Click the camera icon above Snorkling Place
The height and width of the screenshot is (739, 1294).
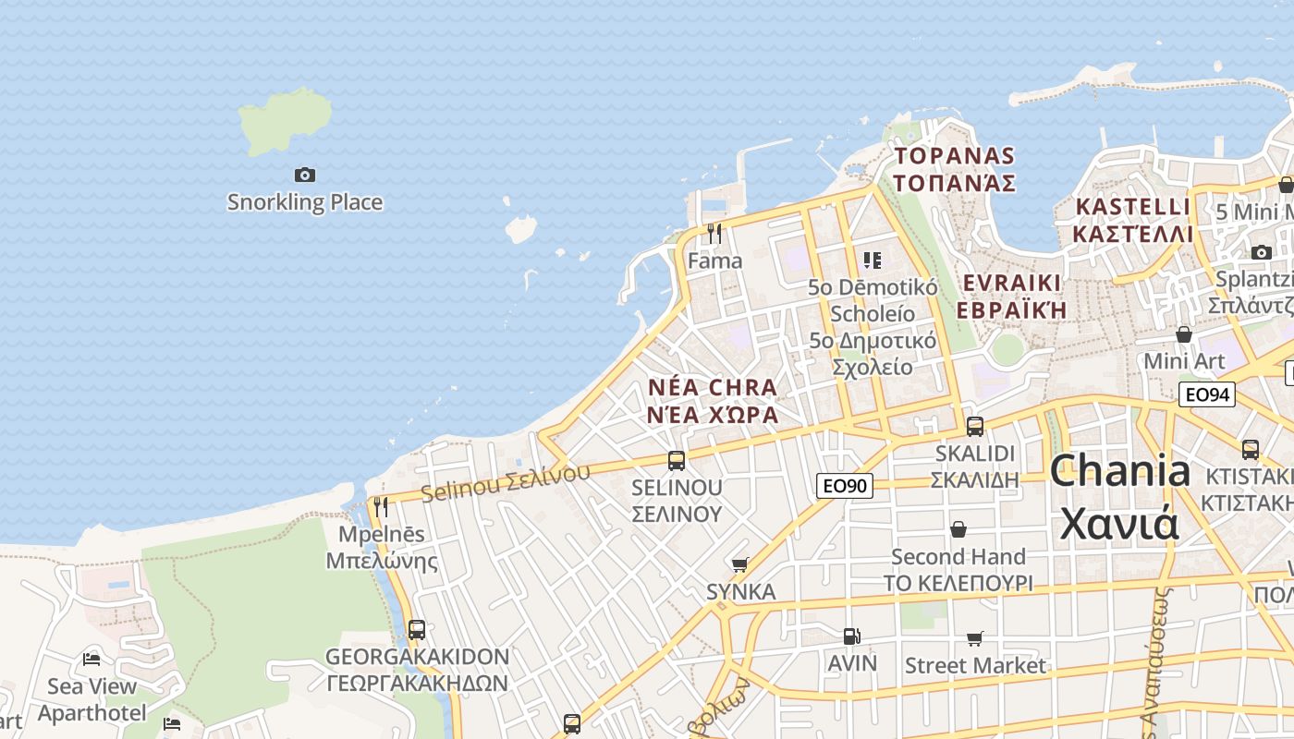pyautogui.click(x=304, y=175)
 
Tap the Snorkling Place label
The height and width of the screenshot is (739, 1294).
pyautogui.click(x=305, y=202)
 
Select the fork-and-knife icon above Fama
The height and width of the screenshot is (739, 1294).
pyautogui.click(x=714, y=233)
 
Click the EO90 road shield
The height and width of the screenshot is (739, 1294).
pyautogui.click(x=845, y=485)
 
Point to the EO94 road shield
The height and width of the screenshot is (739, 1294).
pyautogui.click(x=1208, y=395)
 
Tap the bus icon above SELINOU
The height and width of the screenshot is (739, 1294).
pyautogui.click(x=677, y=460)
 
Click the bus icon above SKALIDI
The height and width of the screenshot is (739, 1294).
pyautogui.click(x=975, y=427)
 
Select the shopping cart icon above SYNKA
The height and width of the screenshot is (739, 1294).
pyautogui.click(x=739, y=564)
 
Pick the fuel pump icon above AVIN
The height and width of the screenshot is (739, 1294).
pyautogui.click(x=851, y=636)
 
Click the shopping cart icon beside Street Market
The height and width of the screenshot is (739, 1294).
pyautogui.click(x=975, y=639)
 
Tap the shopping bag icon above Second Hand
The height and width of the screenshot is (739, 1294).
pyautogui.click(x=958, y=529)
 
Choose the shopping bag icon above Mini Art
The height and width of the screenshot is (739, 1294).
pyautogui.click(x=1184, y=333)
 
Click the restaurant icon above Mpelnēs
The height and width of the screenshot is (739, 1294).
pyautogui.click(x=380, y=506)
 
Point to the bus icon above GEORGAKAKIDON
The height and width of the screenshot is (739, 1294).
pyautogui.click(x=417, y=630)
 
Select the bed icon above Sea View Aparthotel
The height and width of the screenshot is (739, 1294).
pyautogui.click(x=92, y=659)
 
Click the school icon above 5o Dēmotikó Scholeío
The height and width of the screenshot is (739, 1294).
pyautogui.click(x=872, y=260)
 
